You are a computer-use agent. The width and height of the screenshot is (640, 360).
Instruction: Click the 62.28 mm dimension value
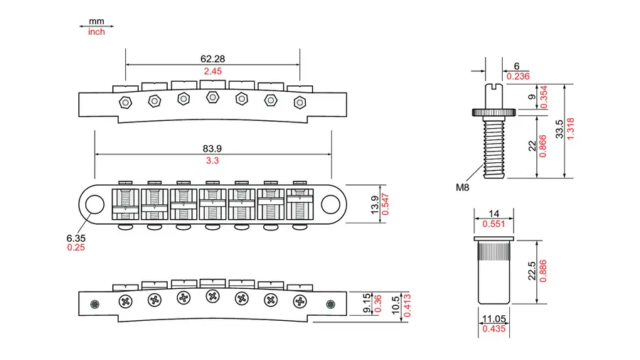(212, 59)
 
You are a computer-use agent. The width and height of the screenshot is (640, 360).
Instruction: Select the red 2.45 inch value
(213, 71)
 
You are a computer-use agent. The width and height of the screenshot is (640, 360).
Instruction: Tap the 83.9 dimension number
(212, 149)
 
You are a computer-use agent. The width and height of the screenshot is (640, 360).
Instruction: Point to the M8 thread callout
(462, 187)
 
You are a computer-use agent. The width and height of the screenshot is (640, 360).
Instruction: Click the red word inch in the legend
(96, 32)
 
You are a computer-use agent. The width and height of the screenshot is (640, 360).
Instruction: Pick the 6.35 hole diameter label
(76, 238)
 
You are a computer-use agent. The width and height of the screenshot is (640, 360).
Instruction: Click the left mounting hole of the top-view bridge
(95, 204)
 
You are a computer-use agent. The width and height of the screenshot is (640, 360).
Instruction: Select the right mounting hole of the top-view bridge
(331, 204)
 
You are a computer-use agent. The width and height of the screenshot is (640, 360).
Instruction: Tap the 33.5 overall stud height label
(559, 129)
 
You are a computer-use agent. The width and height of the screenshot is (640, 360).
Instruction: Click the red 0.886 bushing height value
(543, 271)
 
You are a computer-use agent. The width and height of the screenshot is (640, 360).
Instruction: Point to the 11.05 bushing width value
(494, 319)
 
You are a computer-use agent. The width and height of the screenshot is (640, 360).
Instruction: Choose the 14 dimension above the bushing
(494, 213)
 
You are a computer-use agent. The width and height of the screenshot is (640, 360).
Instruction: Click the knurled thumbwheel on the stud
(494, 112)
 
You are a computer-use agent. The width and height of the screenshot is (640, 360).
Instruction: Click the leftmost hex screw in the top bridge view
(125, 102)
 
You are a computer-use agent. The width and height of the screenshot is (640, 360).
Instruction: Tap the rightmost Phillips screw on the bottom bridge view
(300, 302)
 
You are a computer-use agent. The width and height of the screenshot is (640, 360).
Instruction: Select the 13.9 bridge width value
(374, 204)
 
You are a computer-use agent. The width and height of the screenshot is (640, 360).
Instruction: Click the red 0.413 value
(407, 305)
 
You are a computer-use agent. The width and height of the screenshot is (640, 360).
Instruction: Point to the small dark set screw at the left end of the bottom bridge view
(95, 304)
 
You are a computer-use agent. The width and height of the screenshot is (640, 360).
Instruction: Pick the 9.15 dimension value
(367, 303)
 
